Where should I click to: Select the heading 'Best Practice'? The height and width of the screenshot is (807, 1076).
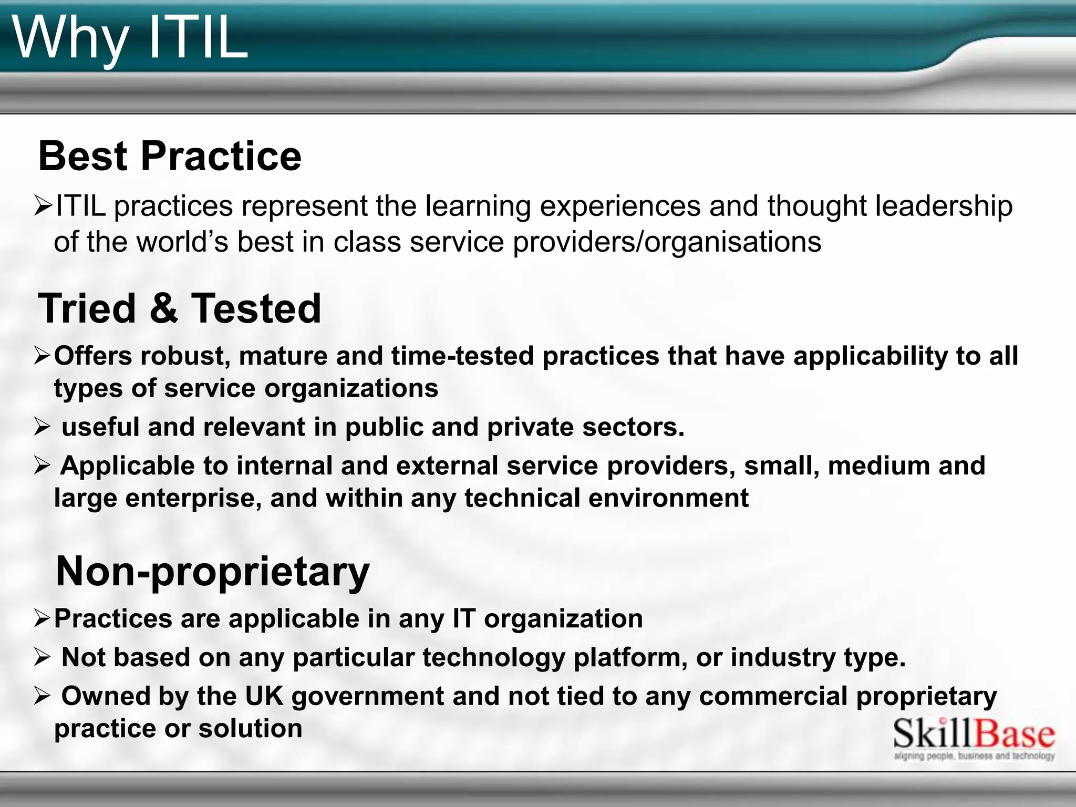[170, 156]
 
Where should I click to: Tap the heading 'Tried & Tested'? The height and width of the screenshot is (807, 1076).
[179, 308]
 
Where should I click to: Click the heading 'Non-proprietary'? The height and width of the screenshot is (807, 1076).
[212, 571]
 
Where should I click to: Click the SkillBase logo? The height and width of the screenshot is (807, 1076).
[974, 734]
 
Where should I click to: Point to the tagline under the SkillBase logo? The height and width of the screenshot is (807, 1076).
[974, 757]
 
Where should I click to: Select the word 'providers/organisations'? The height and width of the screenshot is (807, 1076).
[667, 242]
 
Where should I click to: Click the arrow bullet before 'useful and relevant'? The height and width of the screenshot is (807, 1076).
[42, 427]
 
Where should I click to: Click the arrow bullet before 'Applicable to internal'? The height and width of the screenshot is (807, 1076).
[42, 465]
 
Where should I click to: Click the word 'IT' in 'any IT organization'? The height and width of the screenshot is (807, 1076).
[464, 618]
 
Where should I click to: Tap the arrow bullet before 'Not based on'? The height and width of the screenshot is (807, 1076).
[42, 657]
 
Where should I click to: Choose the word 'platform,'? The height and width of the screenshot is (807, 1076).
[630, 658]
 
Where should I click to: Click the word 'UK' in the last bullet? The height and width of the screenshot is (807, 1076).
[264, 696]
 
